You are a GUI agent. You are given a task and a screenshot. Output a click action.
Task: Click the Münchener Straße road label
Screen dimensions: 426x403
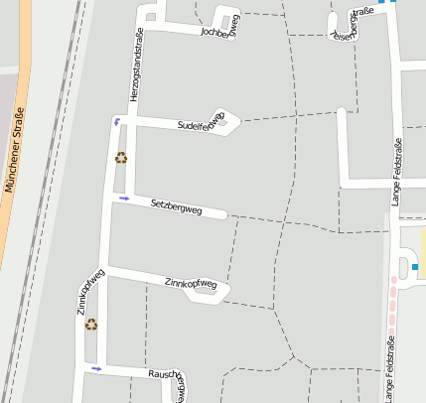pos(13,147)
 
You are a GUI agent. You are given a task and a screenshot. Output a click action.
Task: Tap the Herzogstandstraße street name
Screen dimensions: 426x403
pos(138,64)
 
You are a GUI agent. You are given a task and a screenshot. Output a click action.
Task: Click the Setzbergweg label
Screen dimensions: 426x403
pos(177,207)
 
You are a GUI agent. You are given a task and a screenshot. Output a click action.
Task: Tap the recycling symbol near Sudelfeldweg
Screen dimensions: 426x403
pos(121,157)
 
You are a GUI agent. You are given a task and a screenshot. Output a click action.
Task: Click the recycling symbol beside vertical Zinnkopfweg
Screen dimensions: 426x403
pos(91,324)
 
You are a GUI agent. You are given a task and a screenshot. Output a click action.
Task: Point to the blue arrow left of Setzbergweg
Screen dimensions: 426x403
pos(124,199)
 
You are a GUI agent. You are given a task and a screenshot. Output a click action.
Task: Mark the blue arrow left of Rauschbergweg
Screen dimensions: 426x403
pos(96,368)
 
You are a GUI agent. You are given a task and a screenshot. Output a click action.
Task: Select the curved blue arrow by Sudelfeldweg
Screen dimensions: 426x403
pos(118,121)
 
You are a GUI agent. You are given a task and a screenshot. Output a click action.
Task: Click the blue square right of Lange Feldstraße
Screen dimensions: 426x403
pos(415,266)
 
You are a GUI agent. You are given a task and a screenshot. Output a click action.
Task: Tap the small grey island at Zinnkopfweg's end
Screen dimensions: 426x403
pos(208,292)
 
